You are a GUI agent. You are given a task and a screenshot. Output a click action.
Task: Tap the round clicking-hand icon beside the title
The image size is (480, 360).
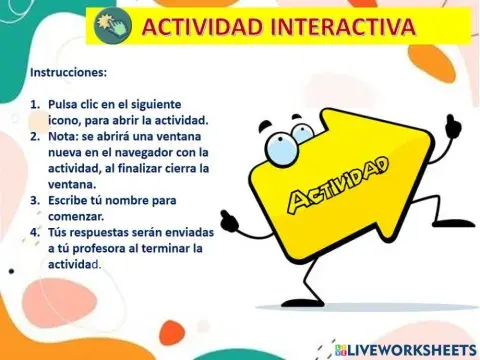point(112,26)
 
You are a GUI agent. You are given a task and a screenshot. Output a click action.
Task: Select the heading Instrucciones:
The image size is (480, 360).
point(69,73)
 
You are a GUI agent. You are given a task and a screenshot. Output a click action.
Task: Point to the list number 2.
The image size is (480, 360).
point(35,136)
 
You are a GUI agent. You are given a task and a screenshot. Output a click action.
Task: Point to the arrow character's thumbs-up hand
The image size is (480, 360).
point(452,127)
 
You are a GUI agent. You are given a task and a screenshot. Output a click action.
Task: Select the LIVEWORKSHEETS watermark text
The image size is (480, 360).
point(411,349)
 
